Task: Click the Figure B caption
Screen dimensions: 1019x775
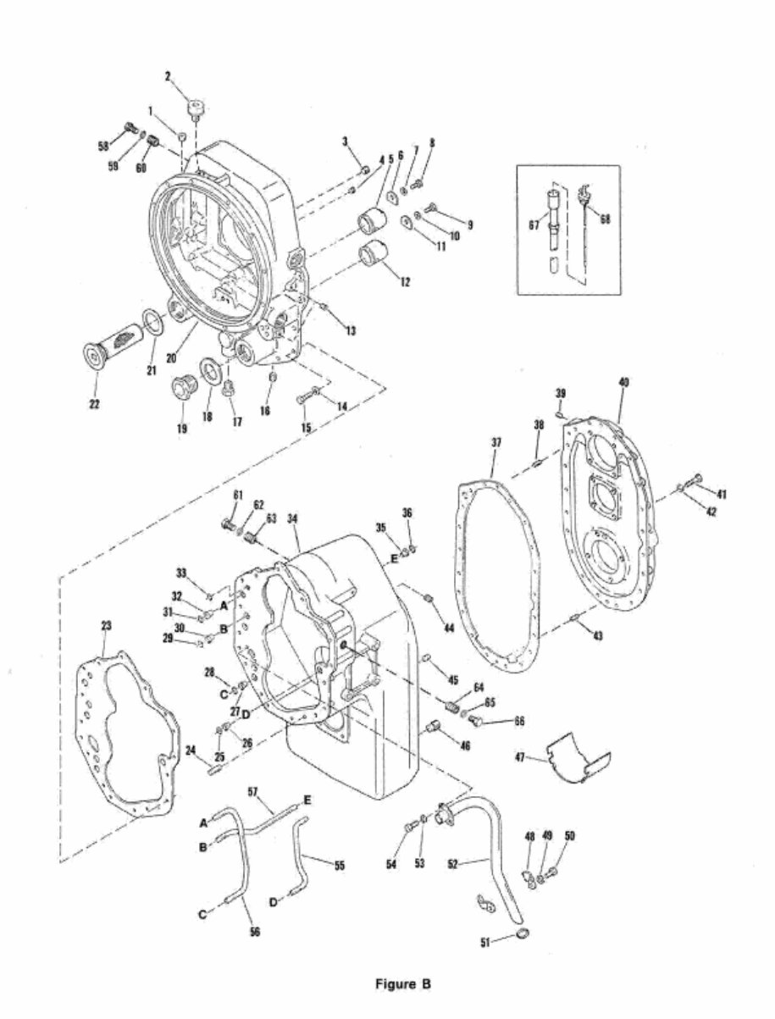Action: (403, 984)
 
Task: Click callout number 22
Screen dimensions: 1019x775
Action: (95, 404)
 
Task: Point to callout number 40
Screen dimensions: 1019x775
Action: (623, 383)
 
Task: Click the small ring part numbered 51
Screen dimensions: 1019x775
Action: (524, 933)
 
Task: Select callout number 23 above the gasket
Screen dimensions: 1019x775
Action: (106, 625)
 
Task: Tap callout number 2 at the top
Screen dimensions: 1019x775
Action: (168, 77)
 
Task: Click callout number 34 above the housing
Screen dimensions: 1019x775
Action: (294, 518)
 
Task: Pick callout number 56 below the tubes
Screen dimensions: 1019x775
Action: (255, 932)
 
